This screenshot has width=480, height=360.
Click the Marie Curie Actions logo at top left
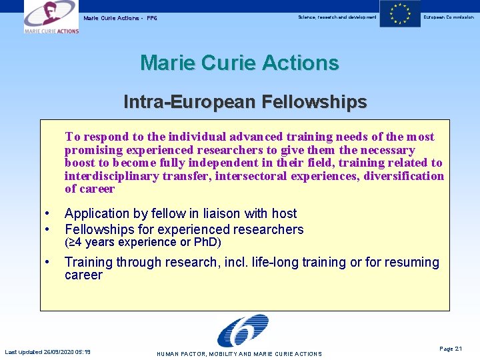51,17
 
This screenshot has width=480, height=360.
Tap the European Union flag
400,14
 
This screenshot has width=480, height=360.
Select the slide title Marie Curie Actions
239,63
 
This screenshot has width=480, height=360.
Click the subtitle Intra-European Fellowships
245,102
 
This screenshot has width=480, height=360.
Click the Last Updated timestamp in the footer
48,352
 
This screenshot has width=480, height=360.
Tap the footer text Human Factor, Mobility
239,354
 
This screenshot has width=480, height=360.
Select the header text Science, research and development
337,17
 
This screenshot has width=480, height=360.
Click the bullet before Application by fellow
47,213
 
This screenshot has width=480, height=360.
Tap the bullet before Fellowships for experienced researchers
47,229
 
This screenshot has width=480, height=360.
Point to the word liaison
225,213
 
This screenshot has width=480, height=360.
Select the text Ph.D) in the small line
207,242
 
